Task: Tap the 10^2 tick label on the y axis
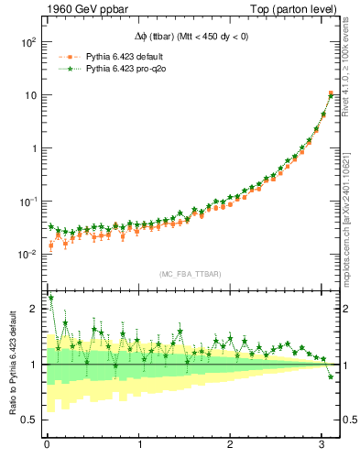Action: (27, 42)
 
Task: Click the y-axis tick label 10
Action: (29, 95)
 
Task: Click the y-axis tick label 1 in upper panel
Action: (33, 148)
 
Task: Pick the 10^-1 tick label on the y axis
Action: (27, 201)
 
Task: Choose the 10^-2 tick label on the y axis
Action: (27, 254)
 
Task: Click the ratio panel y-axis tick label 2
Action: (34, 310)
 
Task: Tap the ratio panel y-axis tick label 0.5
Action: (29, 420)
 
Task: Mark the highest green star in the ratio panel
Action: (50, 298)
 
